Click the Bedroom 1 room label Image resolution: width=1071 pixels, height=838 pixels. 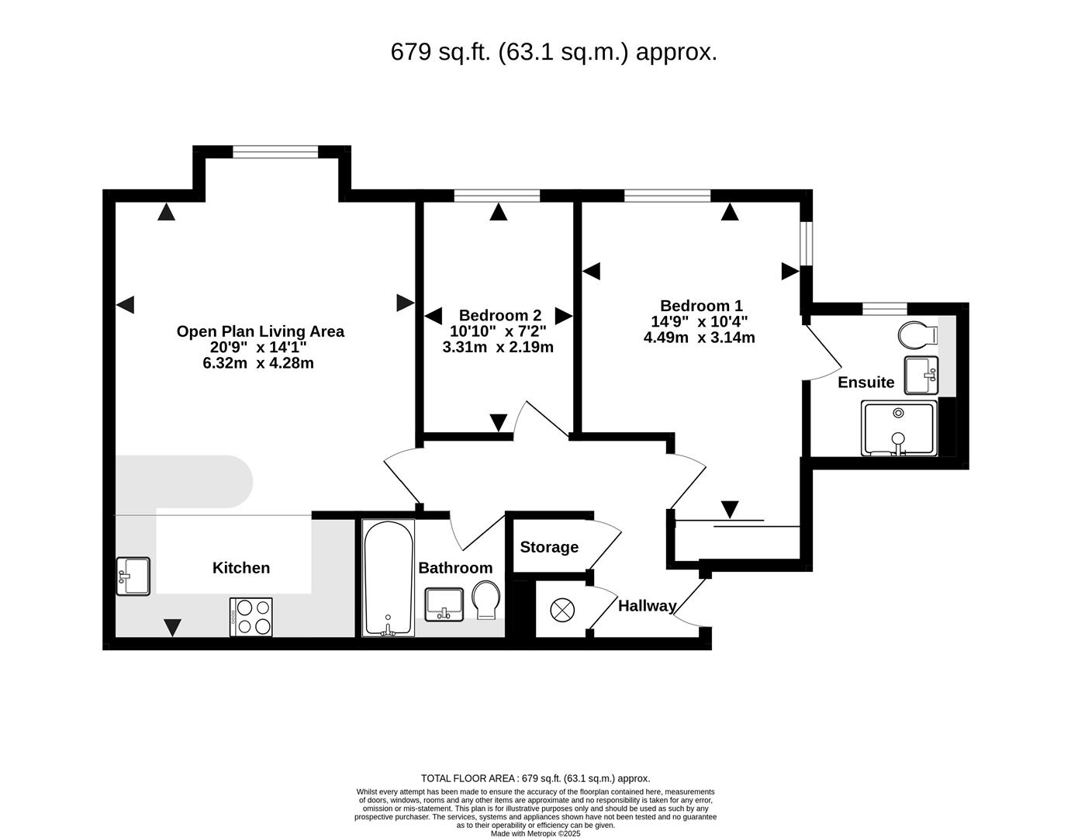tap(700, 306)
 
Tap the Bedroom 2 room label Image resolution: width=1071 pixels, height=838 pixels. tap(499, 315)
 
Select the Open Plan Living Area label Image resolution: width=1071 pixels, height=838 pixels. tap(260, 331)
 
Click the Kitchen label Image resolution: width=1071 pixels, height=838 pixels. tap(241, 568)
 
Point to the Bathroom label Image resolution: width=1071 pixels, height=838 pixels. tap(455, 568)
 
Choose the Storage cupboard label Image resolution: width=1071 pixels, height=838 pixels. tap(549, 547)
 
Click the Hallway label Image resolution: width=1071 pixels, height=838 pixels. tap(647, 606)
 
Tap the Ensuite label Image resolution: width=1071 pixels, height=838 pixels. tap(865, 383)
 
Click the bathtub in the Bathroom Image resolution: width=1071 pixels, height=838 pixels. tap(388, 578)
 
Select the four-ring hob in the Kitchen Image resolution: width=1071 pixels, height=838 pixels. tap(251, 617)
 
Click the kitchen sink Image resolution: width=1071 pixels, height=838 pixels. tap(133, 577)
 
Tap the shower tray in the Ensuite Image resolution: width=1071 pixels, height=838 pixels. tap(898, 428)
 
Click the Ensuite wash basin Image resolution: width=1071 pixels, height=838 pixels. tap(921, 376)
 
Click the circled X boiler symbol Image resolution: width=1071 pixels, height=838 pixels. tap(561, 610)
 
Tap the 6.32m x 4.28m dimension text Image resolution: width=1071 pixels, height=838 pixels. tap(258, 363)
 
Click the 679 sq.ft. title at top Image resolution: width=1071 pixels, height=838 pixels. tap(554, 52)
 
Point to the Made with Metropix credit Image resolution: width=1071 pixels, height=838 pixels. tap(535, 833)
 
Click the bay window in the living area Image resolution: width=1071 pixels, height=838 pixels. tap(275, 152)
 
